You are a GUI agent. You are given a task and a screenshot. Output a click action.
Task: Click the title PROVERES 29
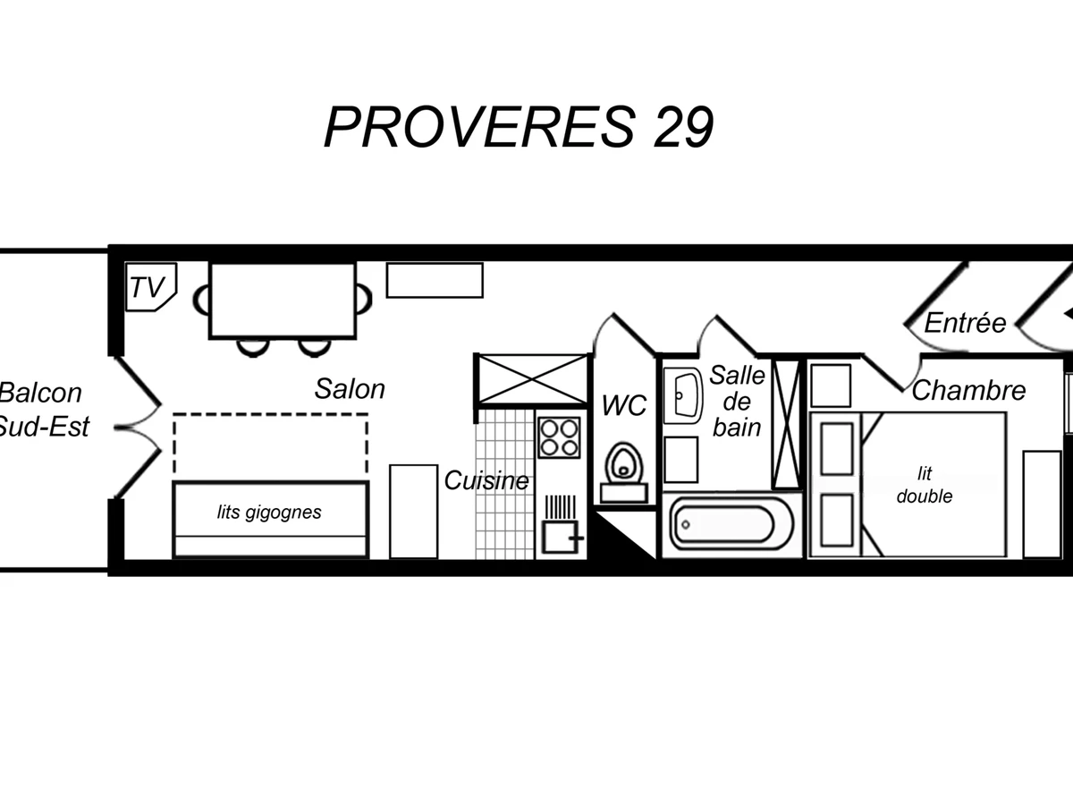click(519, 127)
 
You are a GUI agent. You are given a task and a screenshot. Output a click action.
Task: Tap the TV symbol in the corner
click(149, 287)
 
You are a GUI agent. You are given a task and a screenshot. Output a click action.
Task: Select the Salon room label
click(350, 389)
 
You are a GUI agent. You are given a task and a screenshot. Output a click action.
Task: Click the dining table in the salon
click(283, 300)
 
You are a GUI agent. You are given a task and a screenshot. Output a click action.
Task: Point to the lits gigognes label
click(269, 513)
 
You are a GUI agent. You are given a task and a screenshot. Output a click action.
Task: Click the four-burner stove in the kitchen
click(560, 436)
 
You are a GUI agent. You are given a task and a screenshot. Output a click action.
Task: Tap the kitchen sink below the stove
click(560, 537)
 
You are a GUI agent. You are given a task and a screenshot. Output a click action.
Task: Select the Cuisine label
click(486, 480)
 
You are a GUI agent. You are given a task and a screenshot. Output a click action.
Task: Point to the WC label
click(624, 406)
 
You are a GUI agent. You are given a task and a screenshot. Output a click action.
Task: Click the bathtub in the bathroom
click(726, 524)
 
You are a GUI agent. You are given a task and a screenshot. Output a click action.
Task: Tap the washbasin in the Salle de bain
click(684, 394)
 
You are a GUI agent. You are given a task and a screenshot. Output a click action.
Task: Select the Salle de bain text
click(737, 401)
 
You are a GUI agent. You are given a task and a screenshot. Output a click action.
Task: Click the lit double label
click(925, 485)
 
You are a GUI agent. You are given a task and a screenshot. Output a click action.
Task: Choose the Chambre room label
click(968, 390)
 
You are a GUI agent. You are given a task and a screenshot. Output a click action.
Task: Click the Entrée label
click(965, 322)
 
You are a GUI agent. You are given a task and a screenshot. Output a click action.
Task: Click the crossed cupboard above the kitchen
click(531, 378)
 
